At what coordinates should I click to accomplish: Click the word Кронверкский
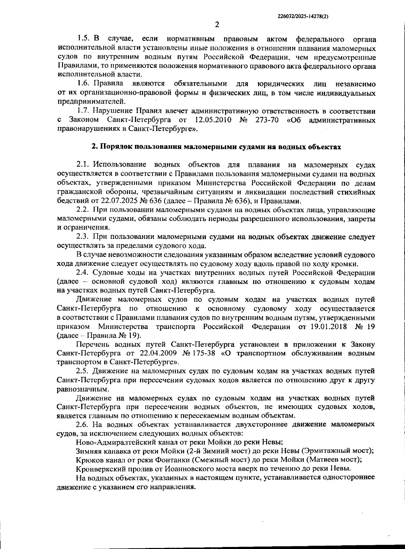(x=98, y=468)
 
